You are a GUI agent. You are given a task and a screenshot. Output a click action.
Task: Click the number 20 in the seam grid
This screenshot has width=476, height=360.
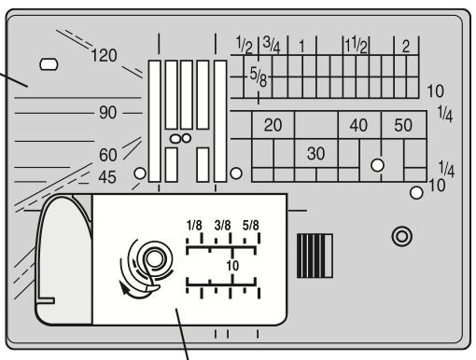tap(273, 124)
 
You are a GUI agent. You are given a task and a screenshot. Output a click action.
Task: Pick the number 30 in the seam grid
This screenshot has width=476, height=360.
tap(315, 153)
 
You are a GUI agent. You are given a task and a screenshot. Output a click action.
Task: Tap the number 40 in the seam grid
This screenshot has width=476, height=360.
tap(358, 124)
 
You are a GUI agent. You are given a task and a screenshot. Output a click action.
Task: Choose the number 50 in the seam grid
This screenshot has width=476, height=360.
tap(403, 124)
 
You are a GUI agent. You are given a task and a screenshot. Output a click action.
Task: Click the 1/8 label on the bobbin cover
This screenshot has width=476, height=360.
tap(194, 226)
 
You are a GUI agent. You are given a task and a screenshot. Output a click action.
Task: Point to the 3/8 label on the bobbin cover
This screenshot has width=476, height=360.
tap(223, 226)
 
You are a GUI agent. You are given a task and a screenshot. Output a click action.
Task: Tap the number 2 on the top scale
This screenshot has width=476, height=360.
tap(406, 44)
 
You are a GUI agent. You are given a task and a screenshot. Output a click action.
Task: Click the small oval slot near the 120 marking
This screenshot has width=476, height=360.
tap(49, 65)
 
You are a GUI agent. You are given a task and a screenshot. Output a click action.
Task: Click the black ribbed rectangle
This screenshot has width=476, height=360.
tap(314, 254)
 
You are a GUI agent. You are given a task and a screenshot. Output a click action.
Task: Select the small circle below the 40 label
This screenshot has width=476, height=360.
tap(378, 164)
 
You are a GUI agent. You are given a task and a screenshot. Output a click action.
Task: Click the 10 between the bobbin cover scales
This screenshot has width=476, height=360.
tap(230, 266)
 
